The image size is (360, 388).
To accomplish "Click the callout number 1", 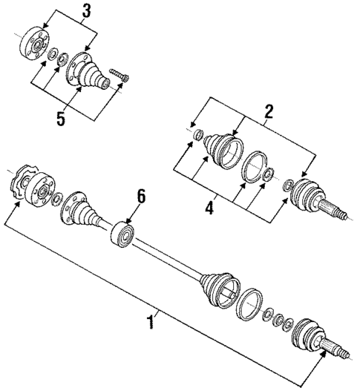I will [152, 323].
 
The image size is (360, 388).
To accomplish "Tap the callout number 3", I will [88, 10].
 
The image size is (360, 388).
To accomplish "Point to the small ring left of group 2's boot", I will [198, 135].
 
